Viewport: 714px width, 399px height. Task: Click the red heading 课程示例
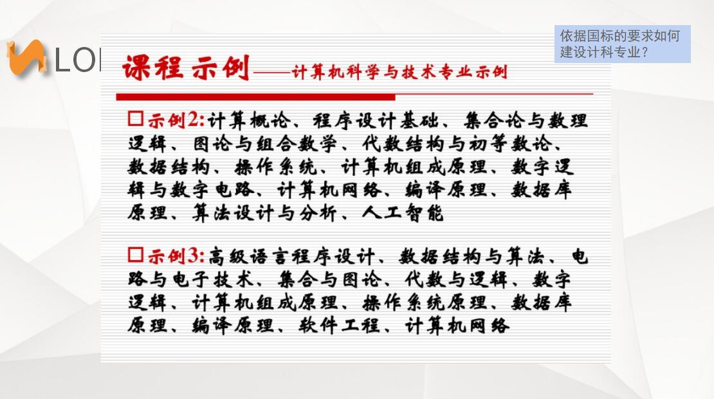(186, 68)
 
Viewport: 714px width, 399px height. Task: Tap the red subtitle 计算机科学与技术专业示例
(399, 72)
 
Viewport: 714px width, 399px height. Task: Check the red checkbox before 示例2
(136, 118)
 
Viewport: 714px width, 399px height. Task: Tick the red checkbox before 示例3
(136, 254)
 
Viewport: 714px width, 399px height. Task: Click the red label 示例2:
(176, 120)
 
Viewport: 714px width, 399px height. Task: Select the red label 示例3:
(176, 256)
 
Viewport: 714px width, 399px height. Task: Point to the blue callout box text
(622, 44)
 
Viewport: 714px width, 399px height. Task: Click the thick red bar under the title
(255, 97)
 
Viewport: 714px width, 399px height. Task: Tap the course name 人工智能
(403, 213)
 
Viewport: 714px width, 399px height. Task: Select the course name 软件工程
(339, 325)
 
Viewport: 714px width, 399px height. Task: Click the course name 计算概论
(249, 121)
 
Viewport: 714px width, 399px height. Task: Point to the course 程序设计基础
(376, 121)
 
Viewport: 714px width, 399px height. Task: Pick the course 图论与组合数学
(265, 144)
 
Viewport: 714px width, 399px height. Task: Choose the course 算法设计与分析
(264, 213)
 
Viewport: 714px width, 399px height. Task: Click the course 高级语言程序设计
(291, 256)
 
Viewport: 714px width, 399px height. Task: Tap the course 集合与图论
(329, 279)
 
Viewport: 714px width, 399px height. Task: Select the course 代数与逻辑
(456, 279)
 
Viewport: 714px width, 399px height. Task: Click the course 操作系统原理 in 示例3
(425, 302)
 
